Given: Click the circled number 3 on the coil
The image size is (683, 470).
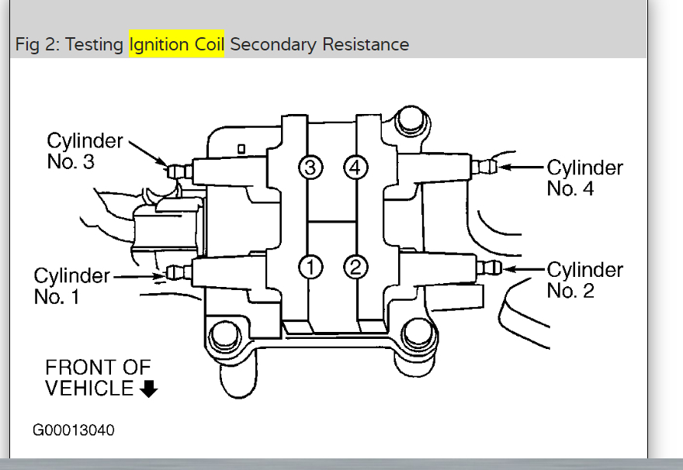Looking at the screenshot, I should pyautogui.click(x=310, y=166).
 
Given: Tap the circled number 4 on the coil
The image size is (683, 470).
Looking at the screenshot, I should pyautogui.click(x=355, y=166).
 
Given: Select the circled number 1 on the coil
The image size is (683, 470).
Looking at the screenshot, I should pyautogui.click(x=310, y=267).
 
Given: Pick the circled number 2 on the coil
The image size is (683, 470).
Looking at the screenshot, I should pyautogui.click(x=355, y=267).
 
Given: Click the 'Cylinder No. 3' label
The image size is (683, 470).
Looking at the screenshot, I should pyautogui.click(x=85, y=151).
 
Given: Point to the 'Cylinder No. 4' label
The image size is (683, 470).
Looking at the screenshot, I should pyautogui.click(x=584, y=178).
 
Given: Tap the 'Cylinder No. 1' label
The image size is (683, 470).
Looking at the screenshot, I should pyautogui.click(x=72, y=285).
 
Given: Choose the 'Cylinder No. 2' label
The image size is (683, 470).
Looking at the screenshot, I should pyautogui.click(x=584, y=280).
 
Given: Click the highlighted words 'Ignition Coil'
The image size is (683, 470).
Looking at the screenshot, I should pyautogui.click(x=177, y=44).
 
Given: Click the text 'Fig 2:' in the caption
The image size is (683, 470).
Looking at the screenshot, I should pyautogui.click(x=37, y=44).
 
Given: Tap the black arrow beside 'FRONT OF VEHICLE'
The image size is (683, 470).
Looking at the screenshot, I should pyautogui.click(x=149, y=389).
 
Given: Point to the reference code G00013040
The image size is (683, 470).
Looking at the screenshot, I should pyautogui.click(x=74, y=430).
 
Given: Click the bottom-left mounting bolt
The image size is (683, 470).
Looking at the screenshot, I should pyautogui.click(x=223, y=337).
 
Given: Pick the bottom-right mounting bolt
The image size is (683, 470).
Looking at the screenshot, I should pyautogui.click(x=417, y=336).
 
